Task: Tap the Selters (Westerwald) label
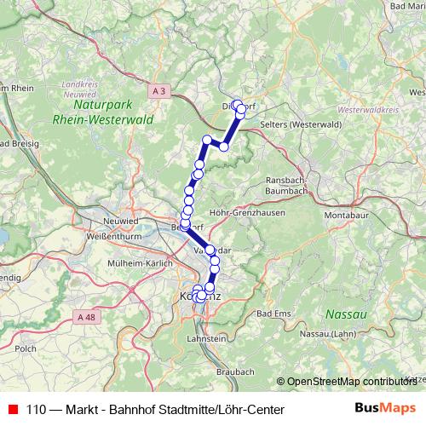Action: pyautogui.click(x=294, y=124)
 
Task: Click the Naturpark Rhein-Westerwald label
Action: pyautogui.click(x=102, y=113)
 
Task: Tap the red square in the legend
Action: pyautogui.click(x=12, y=410)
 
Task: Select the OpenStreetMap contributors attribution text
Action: pyautogui.click(x=350, y=382)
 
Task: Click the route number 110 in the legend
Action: pyautogui.click(x=37, y=410)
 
